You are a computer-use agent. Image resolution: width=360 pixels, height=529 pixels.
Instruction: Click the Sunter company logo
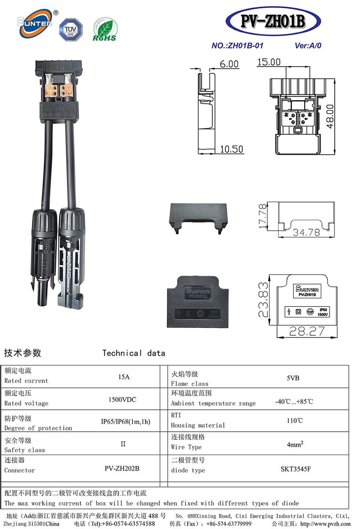point(36,23)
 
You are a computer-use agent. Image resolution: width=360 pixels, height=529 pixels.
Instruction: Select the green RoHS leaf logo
point(104,29)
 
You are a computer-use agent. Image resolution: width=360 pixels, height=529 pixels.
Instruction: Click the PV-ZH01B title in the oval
point(273,21)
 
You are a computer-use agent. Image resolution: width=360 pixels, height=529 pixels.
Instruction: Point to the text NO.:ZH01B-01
point(237,46)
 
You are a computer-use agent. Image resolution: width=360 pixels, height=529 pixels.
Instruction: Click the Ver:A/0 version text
point(308,46)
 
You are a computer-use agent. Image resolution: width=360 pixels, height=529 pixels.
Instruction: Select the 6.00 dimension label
point(229,64)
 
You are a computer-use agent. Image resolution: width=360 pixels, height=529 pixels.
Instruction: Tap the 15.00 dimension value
point(269,62)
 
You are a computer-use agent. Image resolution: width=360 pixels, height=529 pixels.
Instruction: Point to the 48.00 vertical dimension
point(330,116)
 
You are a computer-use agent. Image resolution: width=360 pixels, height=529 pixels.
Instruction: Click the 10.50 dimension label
point(231,149)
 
